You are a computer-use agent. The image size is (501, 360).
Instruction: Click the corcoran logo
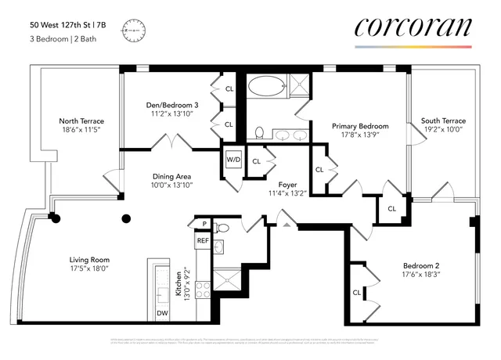pyautogui.click(x=413, y=27)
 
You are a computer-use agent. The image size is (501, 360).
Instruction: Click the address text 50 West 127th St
pyautogui.click(x=65, y=23)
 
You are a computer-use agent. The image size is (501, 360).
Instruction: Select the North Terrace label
pyautogui.click(x=81, y=121)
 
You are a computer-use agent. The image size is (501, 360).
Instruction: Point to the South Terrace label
pyautogui.click(x=443, y=121)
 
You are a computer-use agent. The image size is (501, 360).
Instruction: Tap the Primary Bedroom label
pyautogui.click(x=360, y=126)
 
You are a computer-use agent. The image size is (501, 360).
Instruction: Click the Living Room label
pyautogui.click(x=89, y=260)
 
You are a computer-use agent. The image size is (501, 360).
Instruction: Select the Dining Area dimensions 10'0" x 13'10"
pyautogui.click(x=171, y=186)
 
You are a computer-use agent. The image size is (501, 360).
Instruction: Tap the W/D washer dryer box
pyautogui.click(x=233, y=160)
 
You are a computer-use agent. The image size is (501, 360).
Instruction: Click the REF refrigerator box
pyautogui.click(x=203, y=241)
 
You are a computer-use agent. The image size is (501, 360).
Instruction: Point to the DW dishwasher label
pyautogui.click(x=162, y=314)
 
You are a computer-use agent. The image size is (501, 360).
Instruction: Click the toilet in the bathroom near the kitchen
pyautogui.click(x=222, y=229)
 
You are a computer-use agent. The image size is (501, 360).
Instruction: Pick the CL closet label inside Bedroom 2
pyautogui.click(x=356, y=293)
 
